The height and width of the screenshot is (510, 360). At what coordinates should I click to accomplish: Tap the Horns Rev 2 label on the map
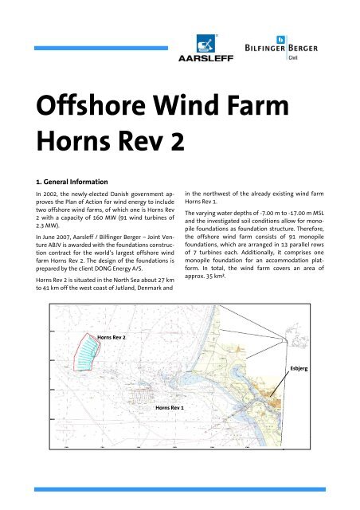click(114, 338)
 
